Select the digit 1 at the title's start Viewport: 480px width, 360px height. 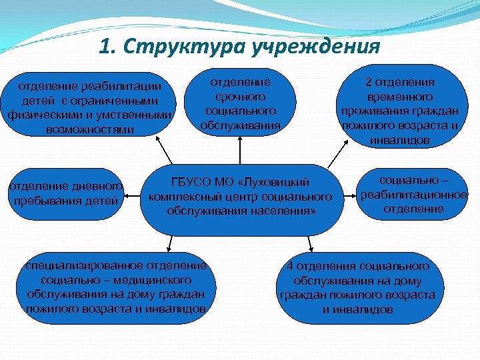tap(105, 47)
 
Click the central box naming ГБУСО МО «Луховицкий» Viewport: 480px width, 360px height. tap(240, 197)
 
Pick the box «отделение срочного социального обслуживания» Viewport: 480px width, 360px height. tap(240, 103)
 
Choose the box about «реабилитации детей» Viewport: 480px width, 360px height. tap(90, 107)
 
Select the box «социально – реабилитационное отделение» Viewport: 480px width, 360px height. tap(413, 195)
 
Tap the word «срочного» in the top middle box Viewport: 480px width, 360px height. tap(241, 97)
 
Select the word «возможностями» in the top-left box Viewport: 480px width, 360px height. tap(90, 129)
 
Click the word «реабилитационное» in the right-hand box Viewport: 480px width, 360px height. tap(413, 195)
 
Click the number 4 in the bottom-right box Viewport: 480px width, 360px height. tap(290, 266)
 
